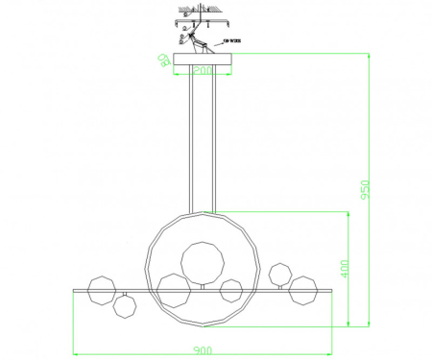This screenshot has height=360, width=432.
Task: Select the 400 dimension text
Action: coord(345,270)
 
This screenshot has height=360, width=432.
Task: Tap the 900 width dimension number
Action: coord(202,350)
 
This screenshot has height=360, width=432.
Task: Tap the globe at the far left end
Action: coord(102,290)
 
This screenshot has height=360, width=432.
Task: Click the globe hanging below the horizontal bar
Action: coord(123,307)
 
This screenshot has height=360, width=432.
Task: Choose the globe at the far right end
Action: coord(305,290)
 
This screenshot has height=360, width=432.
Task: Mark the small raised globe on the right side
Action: coord(280,274)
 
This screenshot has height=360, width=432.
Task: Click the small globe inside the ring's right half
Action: coord(231,291)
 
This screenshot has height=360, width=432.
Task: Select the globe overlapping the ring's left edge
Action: coord(173,289)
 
